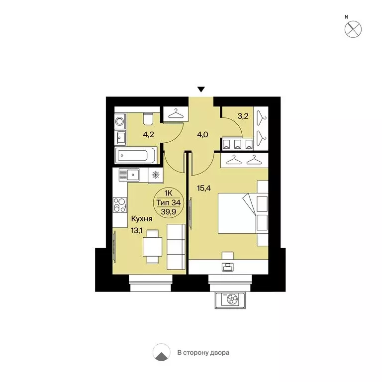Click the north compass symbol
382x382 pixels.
(353, 28)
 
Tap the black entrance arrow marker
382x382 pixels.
(201, 90)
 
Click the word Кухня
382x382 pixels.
(142, 218)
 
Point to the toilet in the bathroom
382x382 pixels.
(148, 120)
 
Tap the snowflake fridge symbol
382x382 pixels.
(156, 175)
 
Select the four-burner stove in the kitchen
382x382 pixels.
(120, 204)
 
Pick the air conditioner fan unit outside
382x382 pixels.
(230, 299)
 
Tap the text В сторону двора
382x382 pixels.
(203, 353)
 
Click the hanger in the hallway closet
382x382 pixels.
(175, 114)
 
